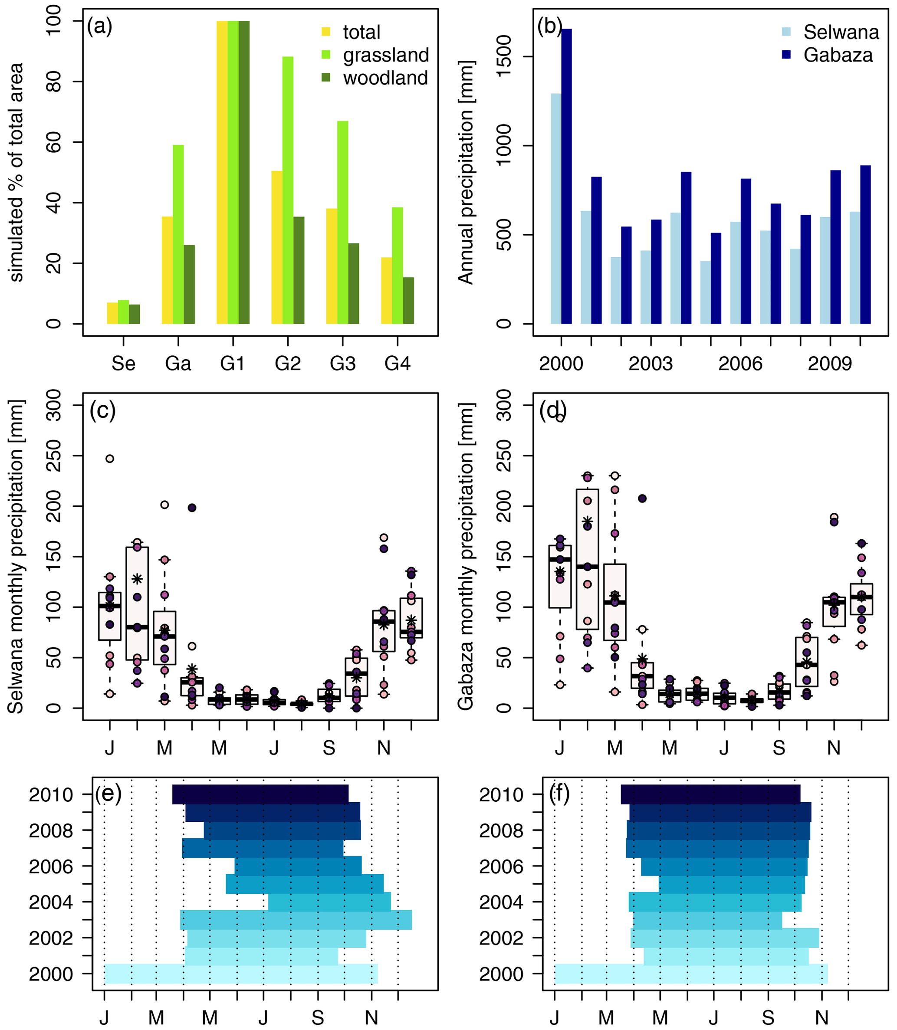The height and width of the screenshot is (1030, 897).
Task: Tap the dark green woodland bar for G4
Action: click(x=408, y=300)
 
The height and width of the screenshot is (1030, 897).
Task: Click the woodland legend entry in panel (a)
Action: click(x=385, y=78)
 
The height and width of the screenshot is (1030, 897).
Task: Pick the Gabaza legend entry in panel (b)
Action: click(x=838, y=55)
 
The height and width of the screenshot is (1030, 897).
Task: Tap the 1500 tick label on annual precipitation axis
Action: click(x=504, y=56)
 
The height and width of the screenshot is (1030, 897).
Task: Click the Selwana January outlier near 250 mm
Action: click(x=110, y=459)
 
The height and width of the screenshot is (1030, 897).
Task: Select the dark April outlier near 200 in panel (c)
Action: click(x=192, y=508)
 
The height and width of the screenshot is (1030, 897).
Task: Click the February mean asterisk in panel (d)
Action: click(x=588, y=521)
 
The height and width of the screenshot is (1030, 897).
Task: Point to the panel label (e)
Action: click(x=108, y=795)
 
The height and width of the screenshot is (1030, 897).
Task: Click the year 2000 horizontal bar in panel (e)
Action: click(x=241, y=974)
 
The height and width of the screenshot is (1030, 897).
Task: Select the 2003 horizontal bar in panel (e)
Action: click(x=296, y=920)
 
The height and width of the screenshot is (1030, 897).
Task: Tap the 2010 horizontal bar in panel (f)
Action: click(x=710, y=795)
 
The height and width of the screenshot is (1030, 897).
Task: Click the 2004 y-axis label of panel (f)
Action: click(x=501, y=902)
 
